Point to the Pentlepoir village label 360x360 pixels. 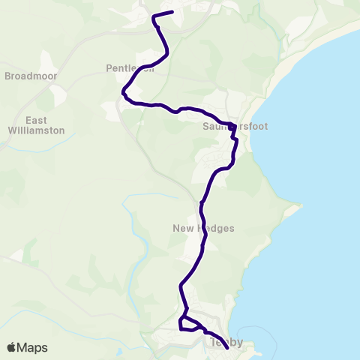(130, 69)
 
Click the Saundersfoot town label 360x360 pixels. (234, 127)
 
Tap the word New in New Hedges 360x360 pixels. (184, 229)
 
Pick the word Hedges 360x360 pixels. (217, 229)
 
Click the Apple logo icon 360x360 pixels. (12, 347)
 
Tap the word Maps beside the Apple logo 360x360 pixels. (32, 347)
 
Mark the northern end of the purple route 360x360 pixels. (172, 11)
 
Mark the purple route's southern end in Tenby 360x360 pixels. (227, 348)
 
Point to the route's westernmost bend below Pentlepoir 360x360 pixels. (122, 92)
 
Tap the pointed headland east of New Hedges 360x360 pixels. (300, 206)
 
